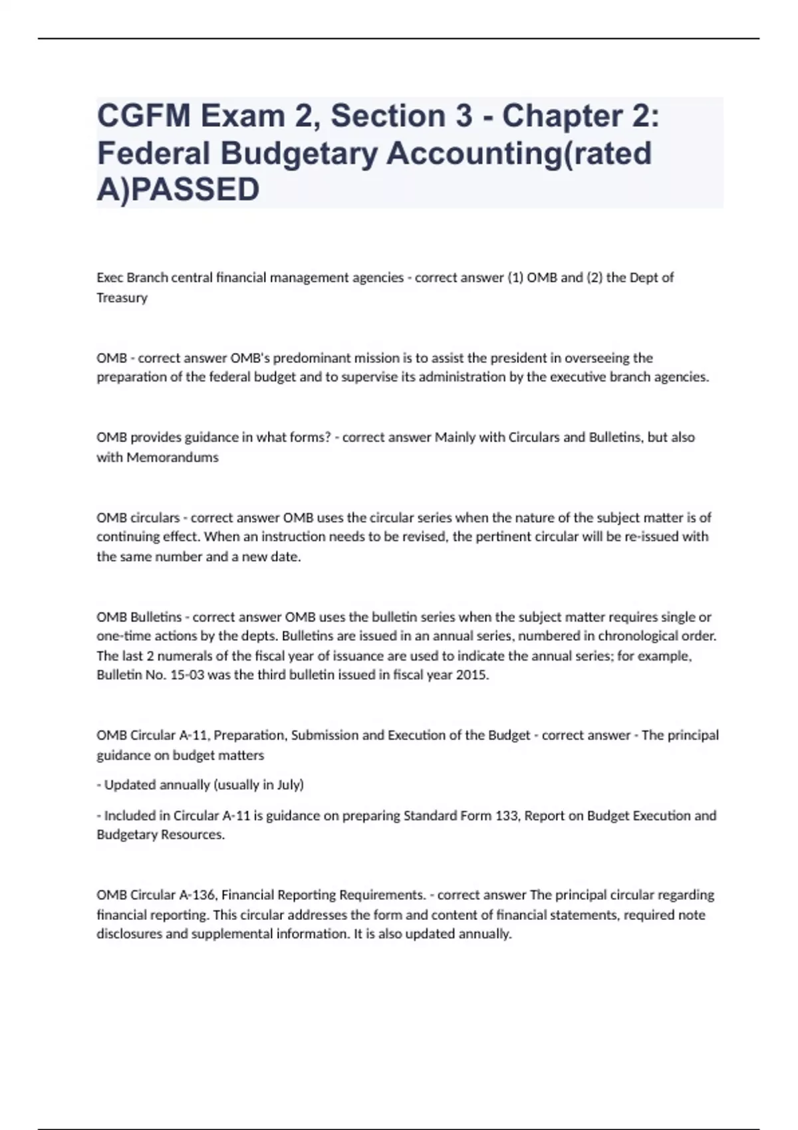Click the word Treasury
point(122,298)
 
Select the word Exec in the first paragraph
point(110,277)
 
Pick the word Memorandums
point(172,457)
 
